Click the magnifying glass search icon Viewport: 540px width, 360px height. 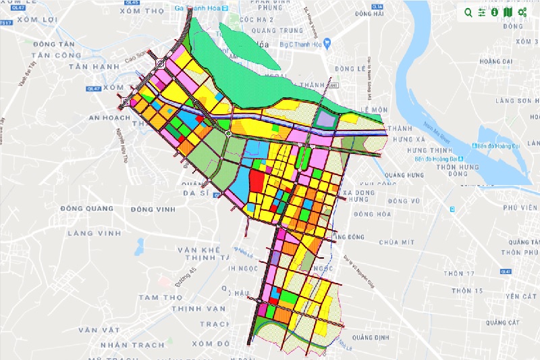click(x=468, y=12)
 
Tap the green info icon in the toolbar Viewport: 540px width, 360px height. click(x=495, y=12)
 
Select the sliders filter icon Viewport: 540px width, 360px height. click(x=482, y=12)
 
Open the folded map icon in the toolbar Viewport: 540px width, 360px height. click(x=508, y=12)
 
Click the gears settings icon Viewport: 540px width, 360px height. click(x=522, y=12)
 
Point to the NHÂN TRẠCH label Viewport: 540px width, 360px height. click(x=124, y=343)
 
